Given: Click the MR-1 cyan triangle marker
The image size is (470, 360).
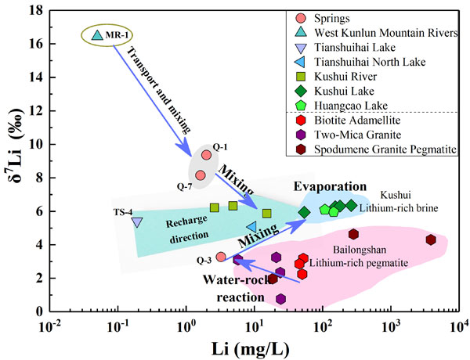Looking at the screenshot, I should [97, 34].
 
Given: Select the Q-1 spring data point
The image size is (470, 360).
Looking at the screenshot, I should [206, 155].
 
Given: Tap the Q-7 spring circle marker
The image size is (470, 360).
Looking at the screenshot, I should [200, 175].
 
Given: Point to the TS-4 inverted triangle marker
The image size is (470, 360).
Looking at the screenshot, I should [137, 222].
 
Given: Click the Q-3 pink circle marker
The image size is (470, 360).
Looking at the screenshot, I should [221, 257].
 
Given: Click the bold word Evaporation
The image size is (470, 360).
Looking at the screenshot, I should [331, 186].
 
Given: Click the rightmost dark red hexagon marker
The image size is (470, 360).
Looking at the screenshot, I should [431, 239].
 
